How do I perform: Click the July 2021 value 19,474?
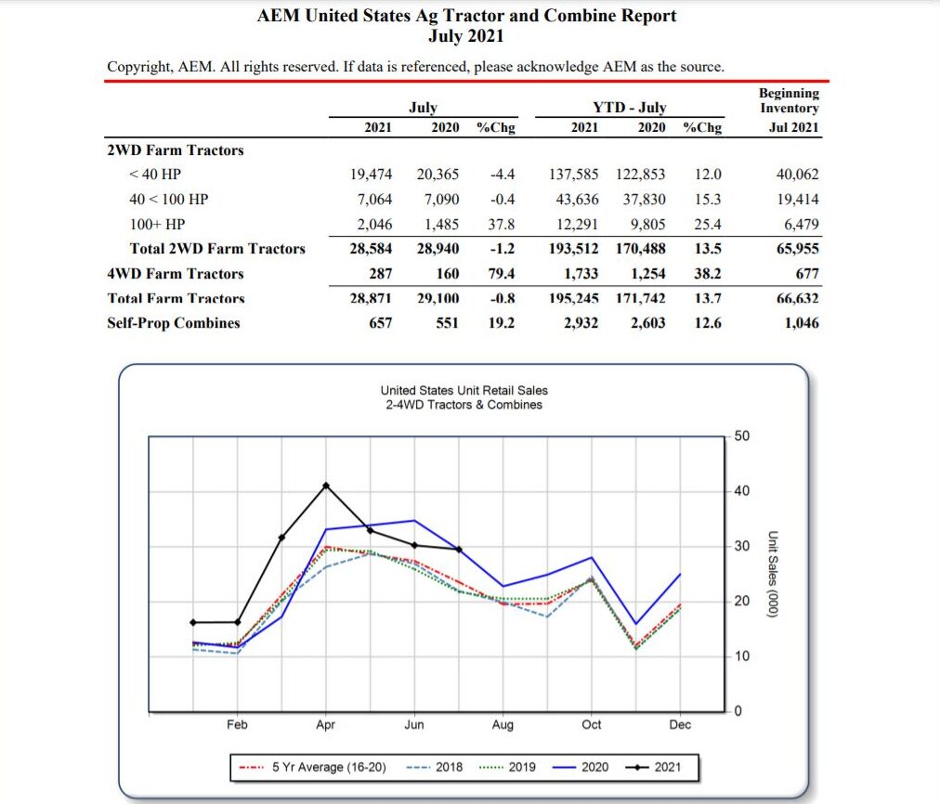371,175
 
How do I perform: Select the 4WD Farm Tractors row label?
176,274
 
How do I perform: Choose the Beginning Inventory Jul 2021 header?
789,110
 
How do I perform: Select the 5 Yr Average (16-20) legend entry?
313,768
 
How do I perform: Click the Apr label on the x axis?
326,725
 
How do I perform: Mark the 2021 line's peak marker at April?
326,486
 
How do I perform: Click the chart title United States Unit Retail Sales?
463,390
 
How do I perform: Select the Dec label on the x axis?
680,725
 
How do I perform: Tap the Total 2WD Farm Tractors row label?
217,249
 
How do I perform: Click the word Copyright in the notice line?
139,67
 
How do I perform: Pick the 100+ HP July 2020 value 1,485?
441,224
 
